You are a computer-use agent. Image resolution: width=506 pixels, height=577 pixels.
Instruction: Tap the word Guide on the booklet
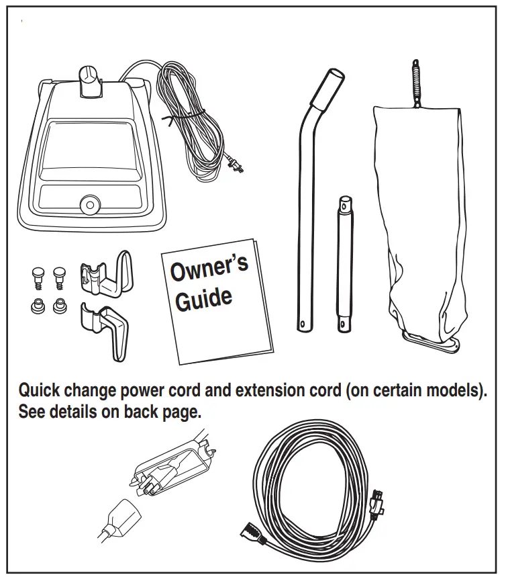point(204,298)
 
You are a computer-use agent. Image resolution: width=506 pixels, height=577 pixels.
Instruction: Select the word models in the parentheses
point(452,391)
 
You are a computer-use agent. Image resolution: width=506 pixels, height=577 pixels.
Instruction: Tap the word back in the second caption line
point(143,412)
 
